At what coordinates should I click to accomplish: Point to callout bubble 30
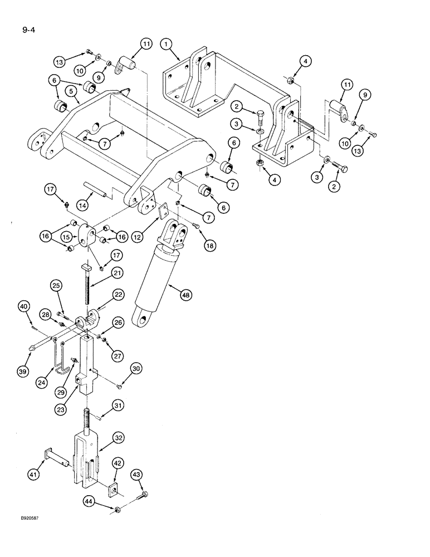point(136,368)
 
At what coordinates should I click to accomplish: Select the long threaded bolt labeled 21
point(87,287)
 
